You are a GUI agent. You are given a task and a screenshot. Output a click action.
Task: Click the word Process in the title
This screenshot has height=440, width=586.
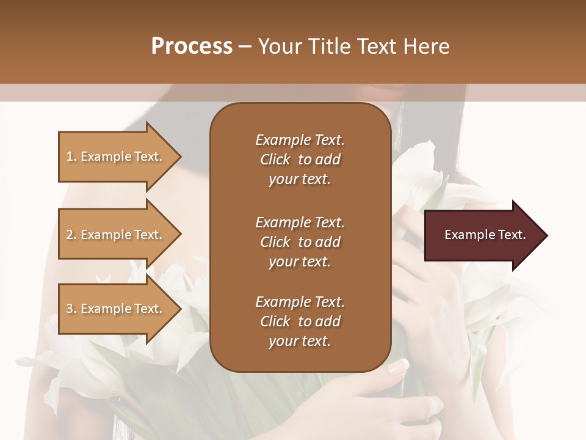pyautogui.click(x=192, y=46)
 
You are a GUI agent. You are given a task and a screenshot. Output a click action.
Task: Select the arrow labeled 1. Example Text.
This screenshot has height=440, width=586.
pyautogui.click(x=116, y=156)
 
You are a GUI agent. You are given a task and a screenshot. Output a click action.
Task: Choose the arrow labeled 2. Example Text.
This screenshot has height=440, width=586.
pyautogui.click(x=116, y=235)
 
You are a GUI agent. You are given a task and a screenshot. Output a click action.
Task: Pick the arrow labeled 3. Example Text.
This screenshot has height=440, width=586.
pyautogui.click(x=116, y=309)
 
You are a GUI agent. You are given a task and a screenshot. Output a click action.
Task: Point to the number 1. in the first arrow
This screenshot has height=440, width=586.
pyautogui.click(x=71, y=156)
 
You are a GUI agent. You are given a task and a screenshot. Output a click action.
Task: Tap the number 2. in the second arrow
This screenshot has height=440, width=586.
pyautogui.click(x=71, y=235)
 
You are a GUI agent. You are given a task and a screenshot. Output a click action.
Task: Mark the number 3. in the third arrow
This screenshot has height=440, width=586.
pyautogui.click(x=71, y=309)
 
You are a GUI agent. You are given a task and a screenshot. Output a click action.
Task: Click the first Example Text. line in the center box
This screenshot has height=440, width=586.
pyautogui.click(x=300, y=140)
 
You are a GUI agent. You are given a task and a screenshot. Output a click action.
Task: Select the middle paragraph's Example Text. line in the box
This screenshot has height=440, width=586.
pyautogui.click(x=300, y=222)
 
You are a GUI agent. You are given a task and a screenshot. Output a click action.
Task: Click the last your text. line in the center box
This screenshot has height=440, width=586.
pyautogui.click(x=300, y=342)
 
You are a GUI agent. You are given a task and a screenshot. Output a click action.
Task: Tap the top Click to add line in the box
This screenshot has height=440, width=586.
pyautogui.click(x=300, y=159)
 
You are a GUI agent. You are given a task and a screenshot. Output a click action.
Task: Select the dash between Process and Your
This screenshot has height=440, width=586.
pyautogui.click(x=245, y=46)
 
